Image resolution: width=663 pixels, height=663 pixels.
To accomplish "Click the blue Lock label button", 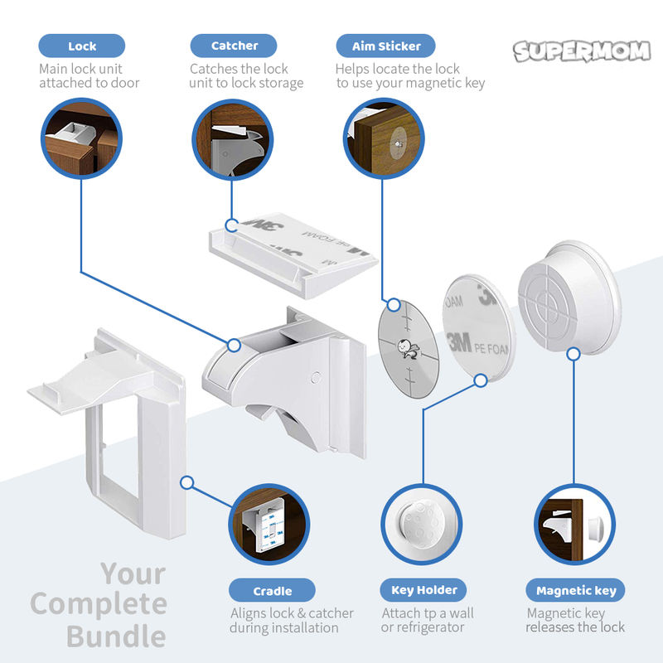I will [x=82, y=46].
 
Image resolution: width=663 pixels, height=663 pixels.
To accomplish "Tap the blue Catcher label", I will [x=234, y=46].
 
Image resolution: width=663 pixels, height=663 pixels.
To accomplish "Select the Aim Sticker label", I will [x=385, y=46].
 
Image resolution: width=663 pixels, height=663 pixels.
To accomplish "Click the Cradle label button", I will [x=272, y=591].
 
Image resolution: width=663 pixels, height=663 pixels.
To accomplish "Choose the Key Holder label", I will [x=423, y=591].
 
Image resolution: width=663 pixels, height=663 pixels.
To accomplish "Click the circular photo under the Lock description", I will [x=81, y=139].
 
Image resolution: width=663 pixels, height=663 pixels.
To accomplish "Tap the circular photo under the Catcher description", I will [x=233, y=139].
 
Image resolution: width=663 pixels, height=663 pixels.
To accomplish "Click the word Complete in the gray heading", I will [x=98, y=604].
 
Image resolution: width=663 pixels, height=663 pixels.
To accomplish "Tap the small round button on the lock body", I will [x=315, y=377].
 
